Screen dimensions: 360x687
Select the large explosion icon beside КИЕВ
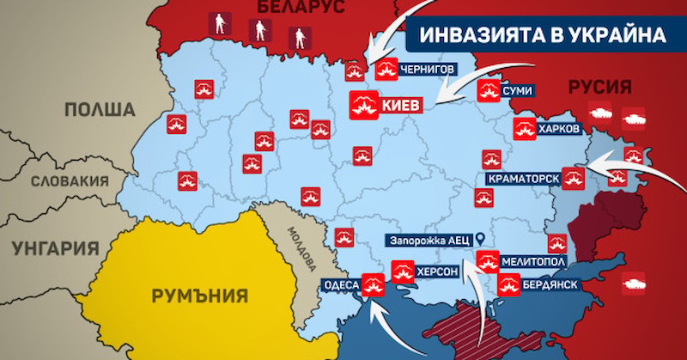coord(361,105)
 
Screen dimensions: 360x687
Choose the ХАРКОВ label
coord(558,129)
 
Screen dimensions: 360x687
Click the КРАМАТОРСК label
coord(523,178)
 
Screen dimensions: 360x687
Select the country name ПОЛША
coord(99,109)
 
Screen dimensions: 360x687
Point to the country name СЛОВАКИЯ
coord(70,181)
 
